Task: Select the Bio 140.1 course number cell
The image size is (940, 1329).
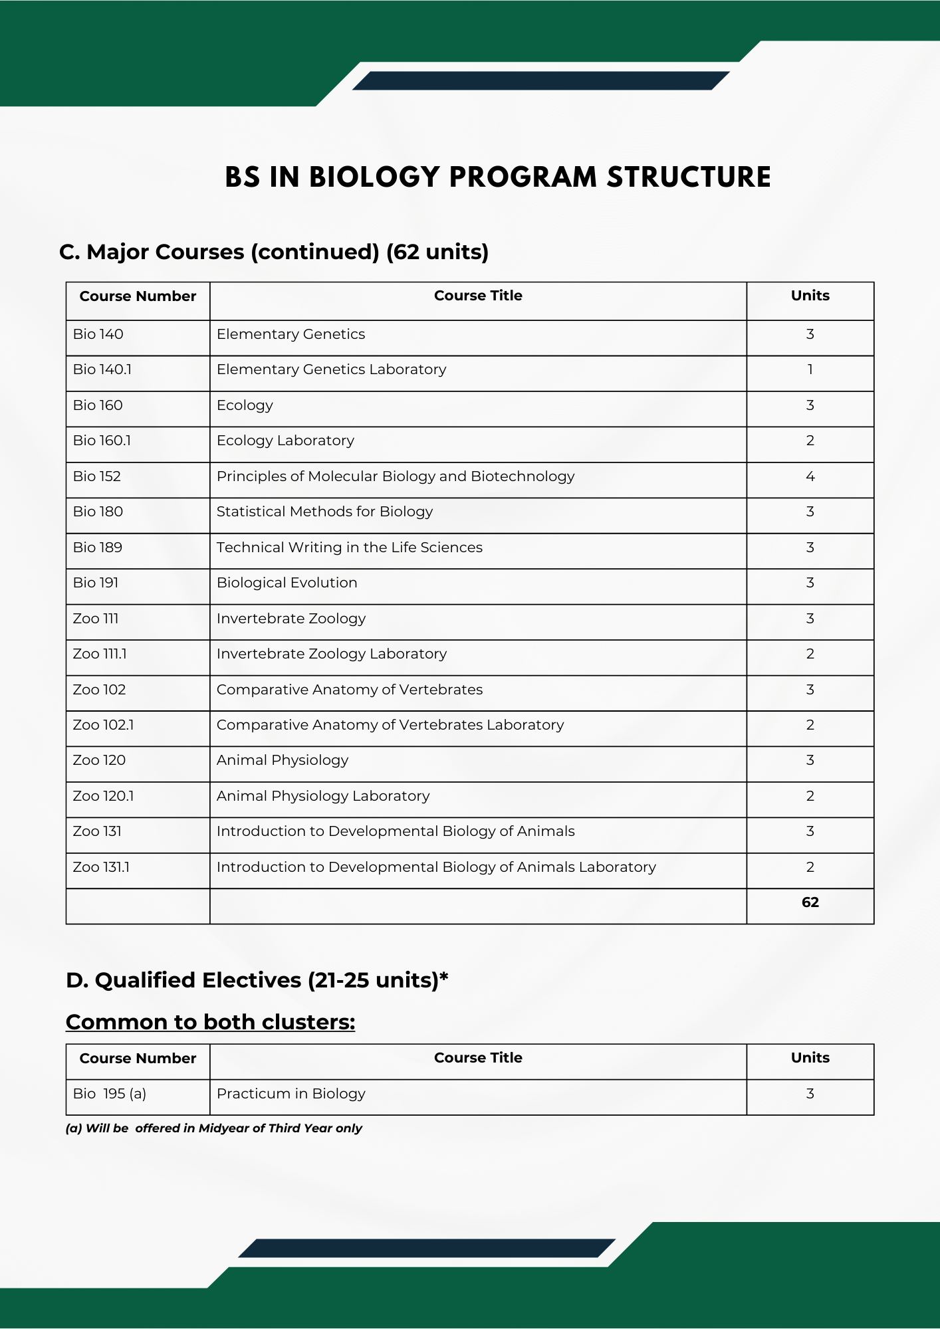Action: pos(102,369)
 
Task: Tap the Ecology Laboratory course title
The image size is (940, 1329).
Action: pos(285,441)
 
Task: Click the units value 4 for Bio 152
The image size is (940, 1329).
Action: pos(810,476)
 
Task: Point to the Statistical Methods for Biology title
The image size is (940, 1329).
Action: pos(324,512)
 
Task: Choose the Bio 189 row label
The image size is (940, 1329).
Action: pos(98,548)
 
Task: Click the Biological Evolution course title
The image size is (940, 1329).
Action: pos(287,583)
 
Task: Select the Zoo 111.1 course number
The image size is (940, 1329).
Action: pos(100,654)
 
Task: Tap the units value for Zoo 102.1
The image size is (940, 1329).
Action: pos(810,725)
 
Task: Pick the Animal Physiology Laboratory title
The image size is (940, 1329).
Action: pos(323,796)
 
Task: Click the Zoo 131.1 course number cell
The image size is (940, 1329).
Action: pos(101,867)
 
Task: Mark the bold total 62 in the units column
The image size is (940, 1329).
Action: pos(810,902)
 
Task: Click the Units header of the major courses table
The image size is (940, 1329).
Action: pos(810,296)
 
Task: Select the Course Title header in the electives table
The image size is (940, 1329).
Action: pos(478,1058)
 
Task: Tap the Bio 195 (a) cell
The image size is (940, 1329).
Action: pos(110,1094)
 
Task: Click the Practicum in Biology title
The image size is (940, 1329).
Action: pos(291,1094)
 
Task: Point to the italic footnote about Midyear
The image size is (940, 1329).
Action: pos(213,1128)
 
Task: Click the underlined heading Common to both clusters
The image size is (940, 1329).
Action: pos(210,1022)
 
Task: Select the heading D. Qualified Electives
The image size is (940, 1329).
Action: pos(257,980)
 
